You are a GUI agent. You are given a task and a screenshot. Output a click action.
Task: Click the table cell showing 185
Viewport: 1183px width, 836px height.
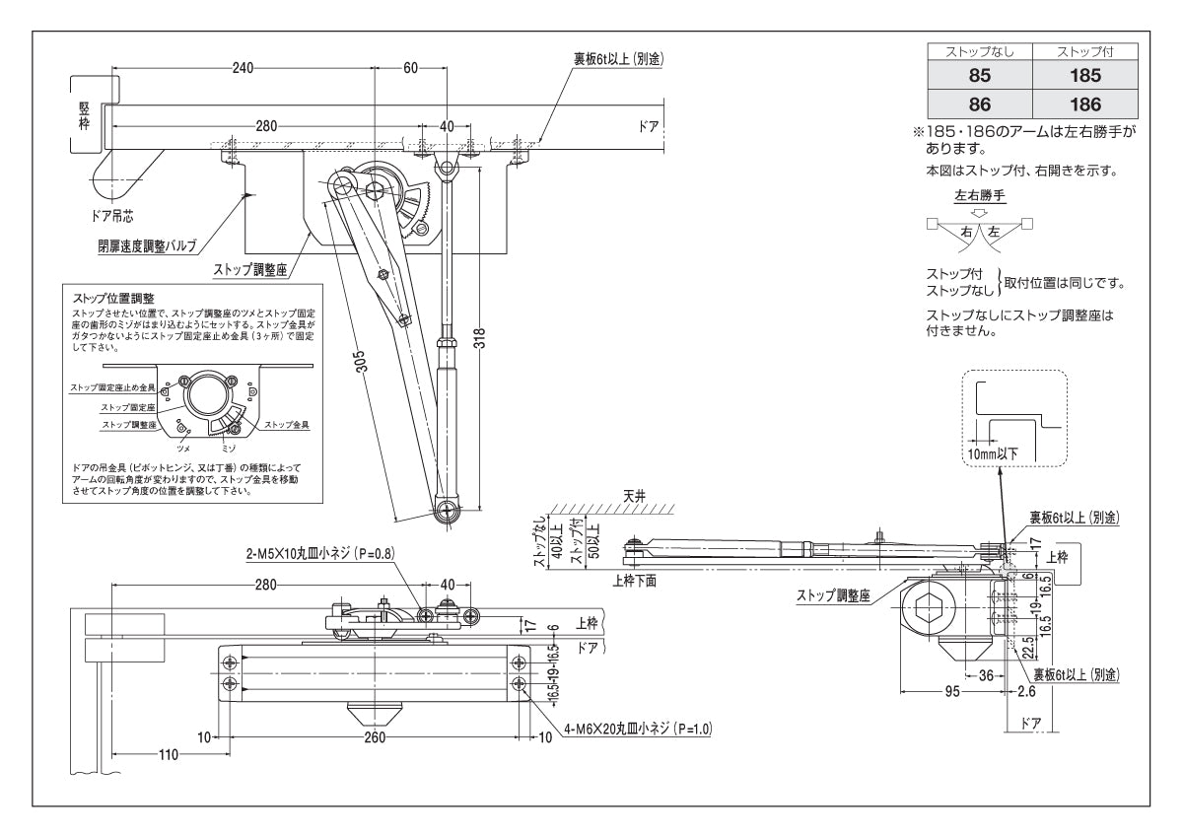coord(1084,75)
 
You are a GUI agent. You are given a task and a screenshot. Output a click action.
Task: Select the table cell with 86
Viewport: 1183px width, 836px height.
coord(979,103)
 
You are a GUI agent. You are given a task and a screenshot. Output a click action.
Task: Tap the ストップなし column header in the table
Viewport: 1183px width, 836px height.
coord(979,51)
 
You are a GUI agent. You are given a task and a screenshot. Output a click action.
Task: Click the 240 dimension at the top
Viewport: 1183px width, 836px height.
coord(243,67)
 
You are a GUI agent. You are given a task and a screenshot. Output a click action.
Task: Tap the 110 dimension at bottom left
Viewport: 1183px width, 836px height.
coord(168,755)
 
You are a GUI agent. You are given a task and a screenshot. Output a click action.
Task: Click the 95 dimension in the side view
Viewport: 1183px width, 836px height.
coord(952,691)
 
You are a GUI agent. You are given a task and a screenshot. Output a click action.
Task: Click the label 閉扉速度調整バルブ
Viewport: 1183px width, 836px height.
coord(148,246)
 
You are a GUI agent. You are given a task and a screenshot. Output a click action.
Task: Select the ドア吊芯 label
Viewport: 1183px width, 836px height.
coord(110,213)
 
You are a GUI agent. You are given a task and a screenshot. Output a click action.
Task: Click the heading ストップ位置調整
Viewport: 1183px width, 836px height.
coord(115,297)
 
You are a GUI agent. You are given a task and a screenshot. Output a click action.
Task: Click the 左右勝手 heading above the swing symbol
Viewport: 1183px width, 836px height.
coord(979,196)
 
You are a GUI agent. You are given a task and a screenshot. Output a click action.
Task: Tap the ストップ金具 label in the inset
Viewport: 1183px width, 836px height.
coord(287,425)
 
